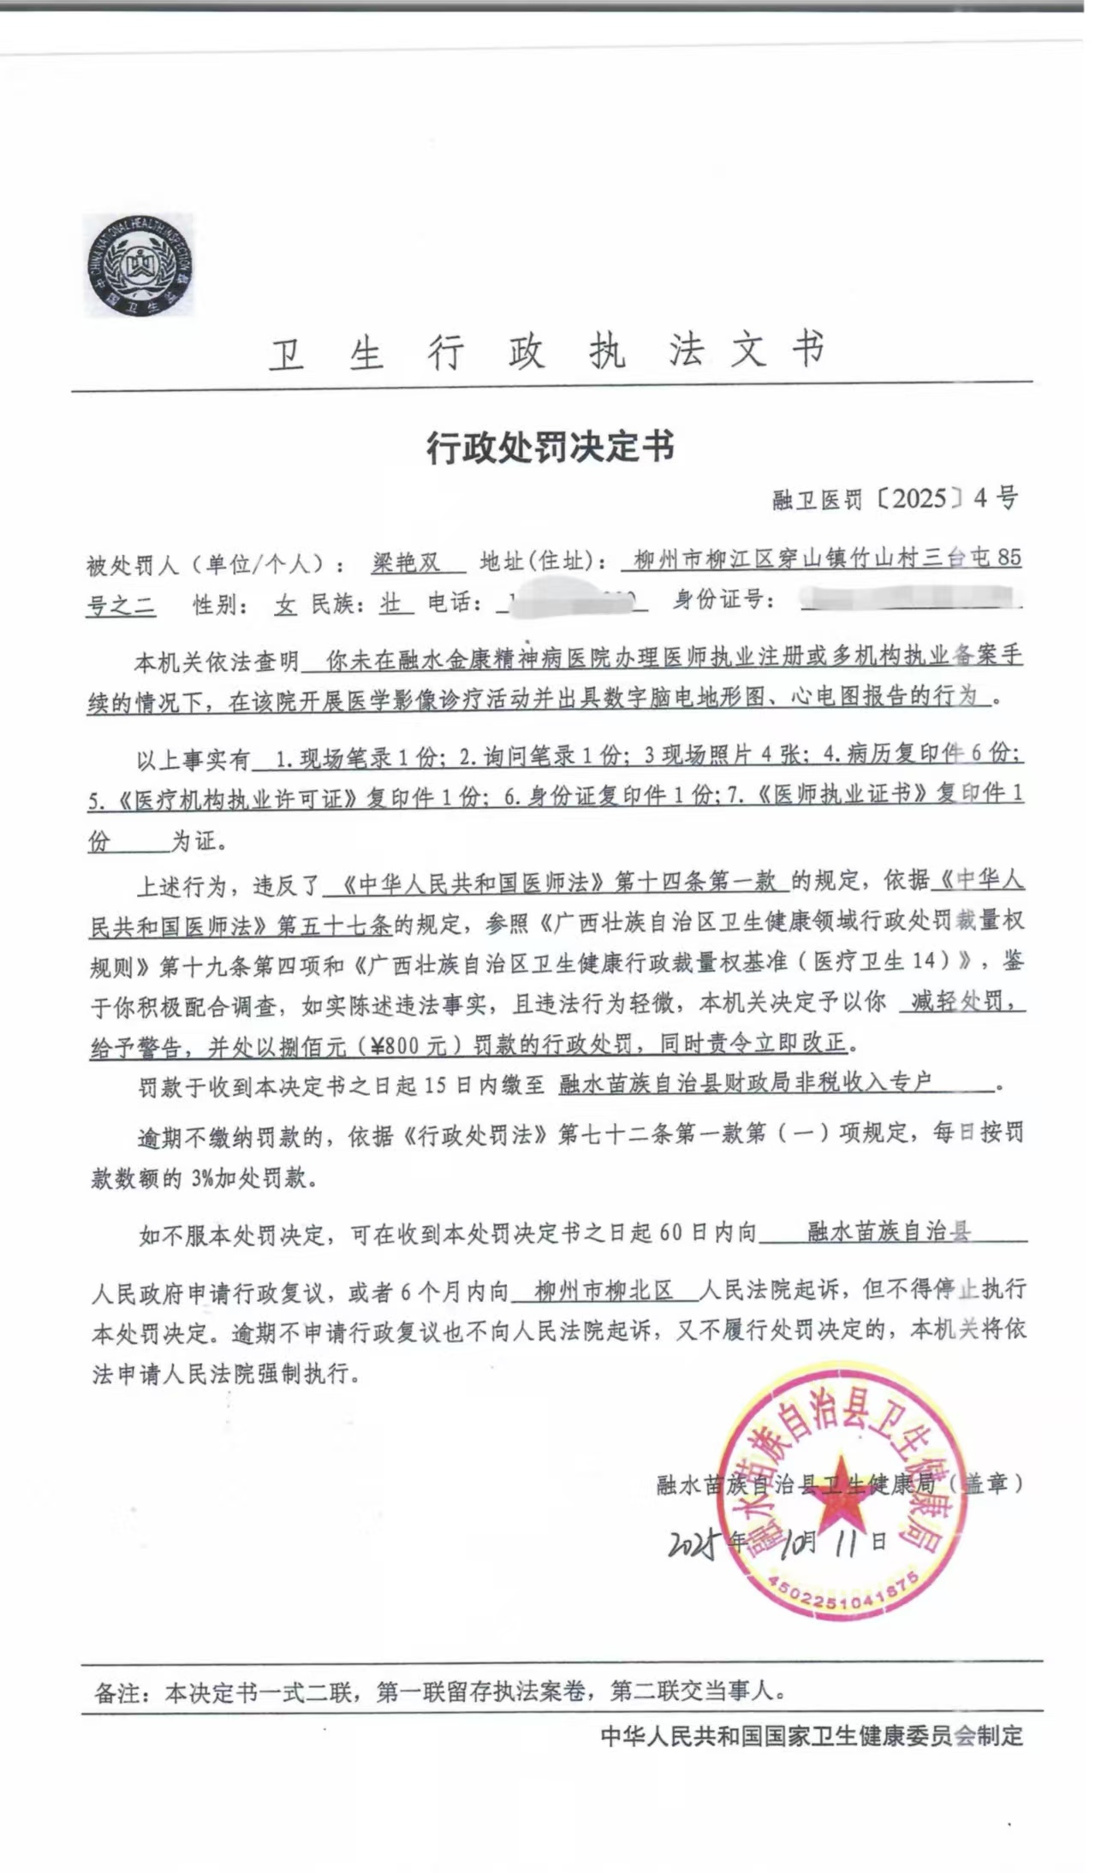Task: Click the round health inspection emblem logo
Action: tap(139, 265)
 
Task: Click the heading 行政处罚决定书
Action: tap(550, 447)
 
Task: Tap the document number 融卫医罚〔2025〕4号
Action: tap(895, 498)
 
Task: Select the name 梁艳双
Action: tap(406, 562)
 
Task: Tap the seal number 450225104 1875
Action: tap(842, 1597)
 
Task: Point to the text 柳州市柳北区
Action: tap(604, 1291)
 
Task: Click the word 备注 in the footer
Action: tap(116, 1692)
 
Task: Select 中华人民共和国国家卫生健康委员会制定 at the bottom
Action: tap(811, 1736)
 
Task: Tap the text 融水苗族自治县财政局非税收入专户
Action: tap(744, 1084)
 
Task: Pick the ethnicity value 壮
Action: tap(390, 604)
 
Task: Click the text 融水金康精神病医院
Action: tap(455, 658)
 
